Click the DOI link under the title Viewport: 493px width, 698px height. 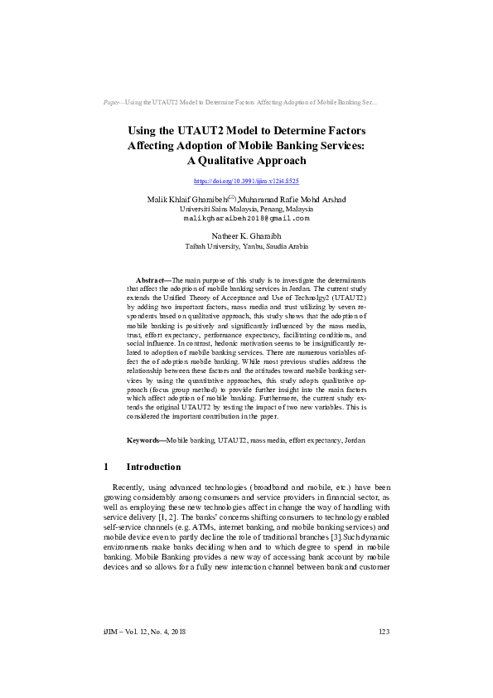(x=246, y=180)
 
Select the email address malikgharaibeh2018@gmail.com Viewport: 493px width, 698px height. (x=246, y=218)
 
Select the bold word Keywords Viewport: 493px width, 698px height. (x=145, y=439)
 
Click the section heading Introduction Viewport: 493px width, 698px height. (x=160, y=467)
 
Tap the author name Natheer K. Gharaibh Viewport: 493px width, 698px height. (x=246, y=236)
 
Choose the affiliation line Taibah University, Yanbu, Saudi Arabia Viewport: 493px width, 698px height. (x=246, y=246)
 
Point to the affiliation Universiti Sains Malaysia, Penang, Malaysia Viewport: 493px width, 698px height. (x=246, y=209)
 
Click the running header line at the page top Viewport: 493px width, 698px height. (x=240, y=103)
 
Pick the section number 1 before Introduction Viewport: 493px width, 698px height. (x=105, y=467)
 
